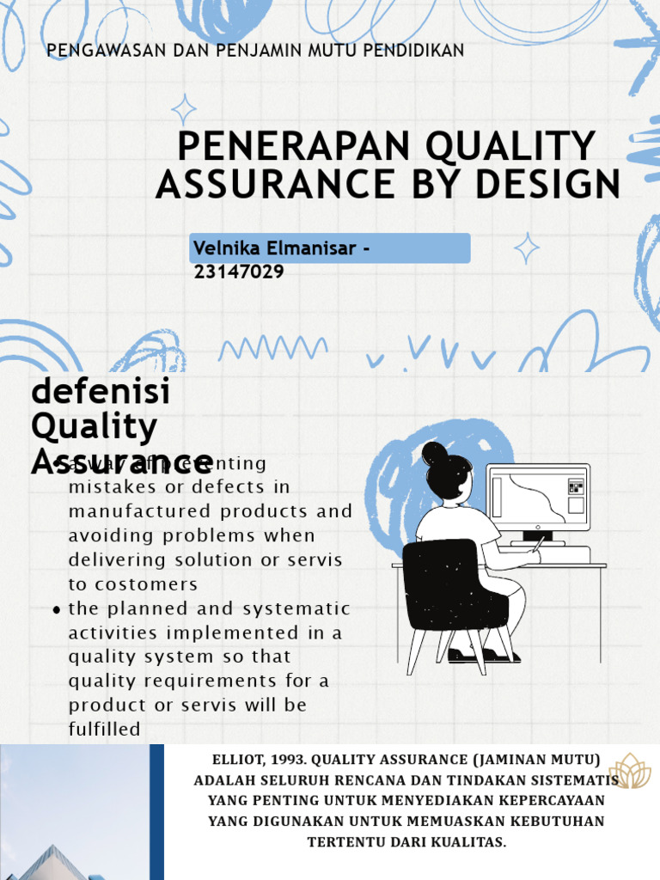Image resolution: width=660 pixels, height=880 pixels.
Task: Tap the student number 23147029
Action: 239,272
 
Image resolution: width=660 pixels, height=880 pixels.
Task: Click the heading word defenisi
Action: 101,392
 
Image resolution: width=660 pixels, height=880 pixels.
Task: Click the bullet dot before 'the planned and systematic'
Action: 57,610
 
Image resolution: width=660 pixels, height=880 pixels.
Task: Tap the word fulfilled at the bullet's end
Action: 104,730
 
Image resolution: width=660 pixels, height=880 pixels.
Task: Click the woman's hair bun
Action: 433,453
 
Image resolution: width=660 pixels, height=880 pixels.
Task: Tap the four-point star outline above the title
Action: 183,110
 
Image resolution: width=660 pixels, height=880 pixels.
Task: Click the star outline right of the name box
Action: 526,248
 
